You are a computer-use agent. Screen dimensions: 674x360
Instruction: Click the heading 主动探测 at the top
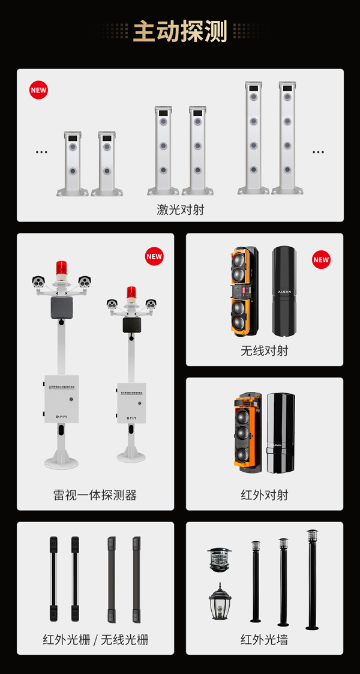180,31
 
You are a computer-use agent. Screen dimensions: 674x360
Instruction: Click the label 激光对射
180,209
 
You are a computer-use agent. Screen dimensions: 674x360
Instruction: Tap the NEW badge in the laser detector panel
38,90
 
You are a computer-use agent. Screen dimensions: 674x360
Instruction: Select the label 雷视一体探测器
95,495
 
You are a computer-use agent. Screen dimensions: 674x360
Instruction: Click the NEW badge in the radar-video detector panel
154,256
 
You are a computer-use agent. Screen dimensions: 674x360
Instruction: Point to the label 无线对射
264,351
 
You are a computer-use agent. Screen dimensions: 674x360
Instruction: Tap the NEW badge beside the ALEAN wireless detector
321,259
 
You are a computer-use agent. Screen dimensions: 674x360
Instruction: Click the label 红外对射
264,495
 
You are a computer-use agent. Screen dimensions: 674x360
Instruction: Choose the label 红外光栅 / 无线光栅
95,639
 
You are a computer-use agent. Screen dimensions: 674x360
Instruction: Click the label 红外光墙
264,639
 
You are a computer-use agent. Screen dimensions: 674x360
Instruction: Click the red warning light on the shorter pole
131,293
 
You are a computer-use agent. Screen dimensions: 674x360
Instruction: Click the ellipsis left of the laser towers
41,152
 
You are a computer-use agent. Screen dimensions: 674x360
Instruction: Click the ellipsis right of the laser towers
318,152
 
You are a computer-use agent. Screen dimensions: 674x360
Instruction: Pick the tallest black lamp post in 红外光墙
312,579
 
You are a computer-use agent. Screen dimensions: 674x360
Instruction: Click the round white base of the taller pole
61,462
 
